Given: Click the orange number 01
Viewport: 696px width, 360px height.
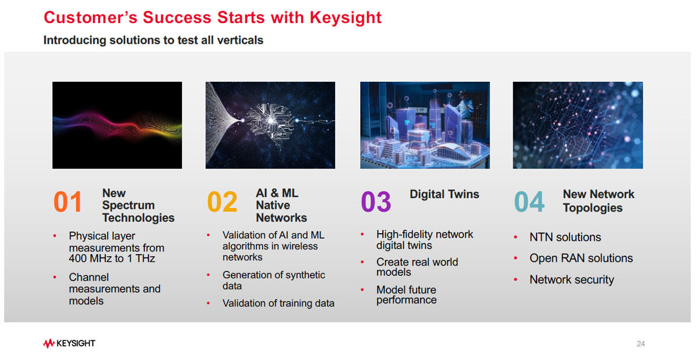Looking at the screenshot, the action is (x=68, y=202).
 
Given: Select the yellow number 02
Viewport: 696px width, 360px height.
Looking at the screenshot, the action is (x=222, y=202).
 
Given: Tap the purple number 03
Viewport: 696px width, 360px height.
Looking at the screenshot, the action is (x=376, y=202).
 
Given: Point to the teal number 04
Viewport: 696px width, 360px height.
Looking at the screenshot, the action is (x=529, y=202).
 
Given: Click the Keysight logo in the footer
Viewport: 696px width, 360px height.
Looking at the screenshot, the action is (x=69, y=343).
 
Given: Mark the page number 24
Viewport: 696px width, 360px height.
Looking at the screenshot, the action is (x=641, y=344).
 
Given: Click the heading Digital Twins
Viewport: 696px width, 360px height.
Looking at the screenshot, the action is (x=444, y=194).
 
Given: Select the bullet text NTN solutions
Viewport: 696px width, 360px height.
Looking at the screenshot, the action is (x=565, y=237).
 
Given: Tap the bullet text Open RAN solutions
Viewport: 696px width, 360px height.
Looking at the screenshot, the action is (x=581, y=258).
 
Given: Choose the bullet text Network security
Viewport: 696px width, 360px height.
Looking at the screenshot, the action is (x=572, y=279).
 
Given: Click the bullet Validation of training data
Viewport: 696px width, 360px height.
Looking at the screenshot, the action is (x=278, y=303).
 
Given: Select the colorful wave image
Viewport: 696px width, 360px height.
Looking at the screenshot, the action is (x=117, y=125).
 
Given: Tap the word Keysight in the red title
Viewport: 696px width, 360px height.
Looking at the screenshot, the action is (x=346, y=18).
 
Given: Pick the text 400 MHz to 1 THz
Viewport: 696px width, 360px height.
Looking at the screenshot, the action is (x=112, y=259).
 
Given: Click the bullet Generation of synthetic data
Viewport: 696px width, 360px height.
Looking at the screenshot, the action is (x=274, y=280).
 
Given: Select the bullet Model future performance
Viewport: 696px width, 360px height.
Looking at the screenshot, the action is (x=407, y=294).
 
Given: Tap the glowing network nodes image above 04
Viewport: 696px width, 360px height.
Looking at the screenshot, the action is (x=578, y=125).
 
